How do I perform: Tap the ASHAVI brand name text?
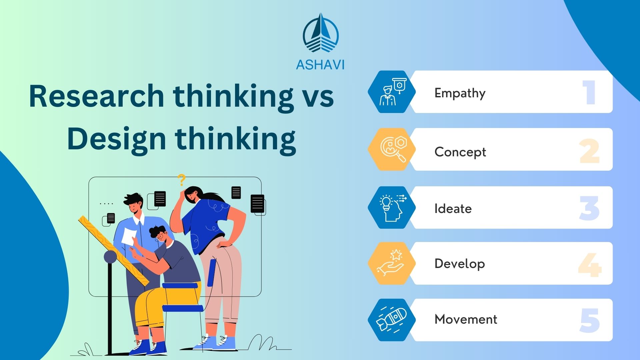click(x=320, y=64)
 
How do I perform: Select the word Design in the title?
click(x=116, y=139)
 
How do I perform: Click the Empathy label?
click(x=460, y=93)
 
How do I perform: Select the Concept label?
click(x=460, y=152)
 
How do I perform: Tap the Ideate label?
click(x=453, y=209)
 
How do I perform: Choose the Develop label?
click(x=459, y=263)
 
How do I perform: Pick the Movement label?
click(x=466, y=319)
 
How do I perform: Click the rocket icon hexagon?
click(x=392, y=320)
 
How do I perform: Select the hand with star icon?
click(x=391, y=263)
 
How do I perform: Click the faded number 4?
click(x=589, y=265)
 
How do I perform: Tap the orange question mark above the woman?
click(x=181, y=180)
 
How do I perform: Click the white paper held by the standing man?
click(x=128, y=236)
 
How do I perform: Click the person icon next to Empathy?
click(x=387, y=96)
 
